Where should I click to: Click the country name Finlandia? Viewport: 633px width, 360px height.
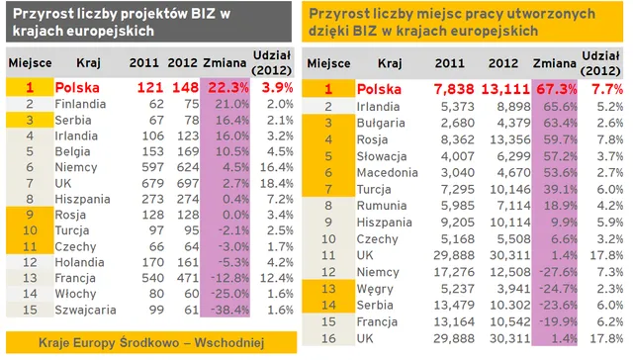(81, 103)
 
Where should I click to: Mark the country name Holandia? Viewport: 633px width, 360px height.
(80, 262)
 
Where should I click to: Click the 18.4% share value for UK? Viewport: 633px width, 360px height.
(278, 183)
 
